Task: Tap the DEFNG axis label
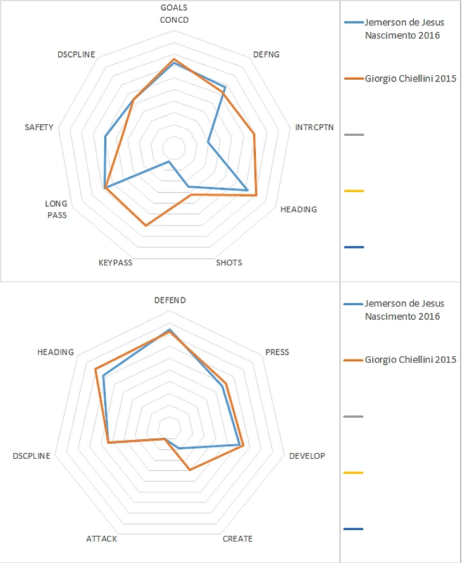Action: [265, 54]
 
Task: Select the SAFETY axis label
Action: [39, 127]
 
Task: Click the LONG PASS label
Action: [56, 209]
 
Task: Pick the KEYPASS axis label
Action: [115, 263]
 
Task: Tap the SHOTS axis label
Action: [228, 263]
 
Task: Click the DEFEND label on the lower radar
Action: [170, 300]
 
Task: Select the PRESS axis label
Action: [277, 352]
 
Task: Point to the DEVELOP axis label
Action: [307, 456]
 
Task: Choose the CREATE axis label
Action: [237, 539]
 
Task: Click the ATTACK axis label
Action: [101, 539]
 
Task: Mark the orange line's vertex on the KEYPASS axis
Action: [146, 226]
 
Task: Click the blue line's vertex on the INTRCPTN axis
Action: [208, 143]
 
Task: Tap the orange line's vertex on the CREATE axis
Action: [189, 470]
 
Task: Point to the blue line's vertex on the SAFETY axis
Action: [106, 136]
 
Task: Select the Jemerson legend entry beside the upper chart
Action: [404, 28]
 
